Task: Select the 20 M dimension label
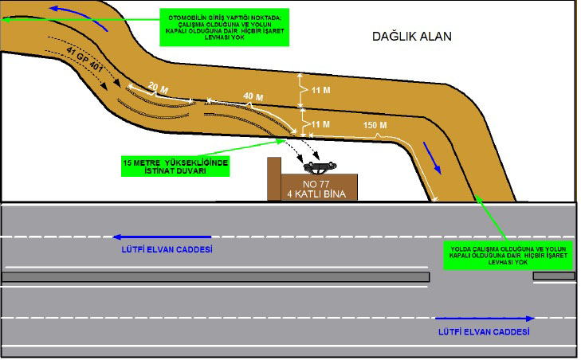158,86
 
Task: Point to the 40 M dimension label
253,96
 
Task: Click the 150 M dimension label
375,126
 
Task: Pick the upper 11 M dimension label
320,91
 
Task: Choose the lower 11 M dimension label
320,124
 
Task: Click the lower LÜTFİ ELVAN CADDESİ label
484,330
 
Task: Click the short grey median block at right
553,276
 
